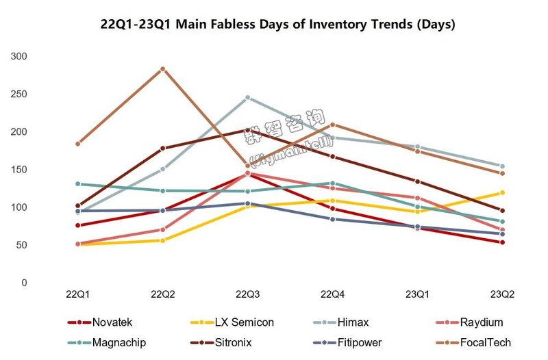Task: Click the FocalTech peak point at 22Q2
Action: (x=162, y=69)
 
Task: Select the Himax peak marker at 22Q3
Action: (x=247, y=98)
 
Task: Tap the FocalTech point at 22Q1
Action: (x=78, y=144)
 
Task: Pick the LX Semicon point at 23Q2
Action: (x=502, y=192)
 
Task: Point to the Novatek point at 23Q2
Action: (x=502, y=242)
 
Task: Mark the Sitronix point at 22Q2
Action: (x=162, y=148)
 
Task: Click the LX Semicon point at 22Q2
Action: (x=162, y=240)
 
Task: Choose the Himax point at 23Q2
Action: (x=502, y=166)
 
